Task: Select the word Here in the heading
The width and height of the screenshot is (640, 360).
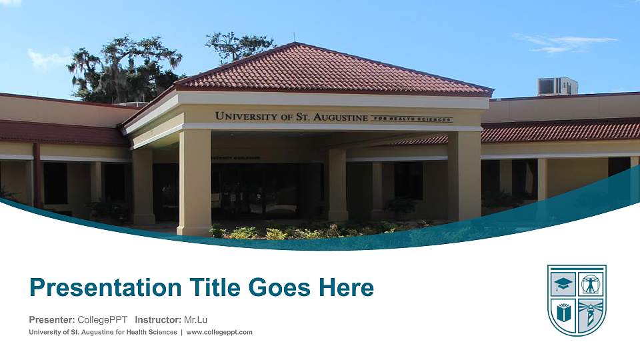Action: (346, 288)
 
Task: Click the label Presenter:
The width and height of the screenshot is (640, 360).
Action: (52, 320)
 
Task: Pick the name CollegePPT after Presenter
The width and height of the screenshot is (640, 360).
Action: (102, 320)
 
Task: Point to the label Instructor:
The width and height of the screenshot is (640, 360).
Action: (157, 320)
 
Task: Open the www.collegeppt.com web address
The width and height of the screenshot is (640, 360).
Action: (219, 332)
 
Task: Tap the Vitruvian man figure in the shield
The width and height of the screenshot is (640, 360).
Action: (591, 284)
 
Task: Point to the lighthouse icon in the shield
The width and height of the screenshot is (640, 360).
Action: (590, 314)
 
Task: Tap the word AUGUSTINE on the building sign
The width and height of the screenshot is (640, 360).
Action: (341, 118)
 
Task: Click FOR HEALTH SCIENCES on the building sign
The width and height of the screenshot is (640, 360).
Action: (411, 119)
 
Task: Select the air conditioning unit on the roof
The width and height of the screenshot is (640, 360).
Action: (557, 87)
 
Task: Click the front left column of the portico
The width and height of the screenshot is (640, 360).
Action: (194, 181)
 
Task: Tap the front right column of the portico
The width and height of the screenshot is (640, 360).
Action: (464, 175)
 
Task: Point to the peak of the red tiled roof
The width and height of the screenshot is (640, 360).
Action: (294, 45)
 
